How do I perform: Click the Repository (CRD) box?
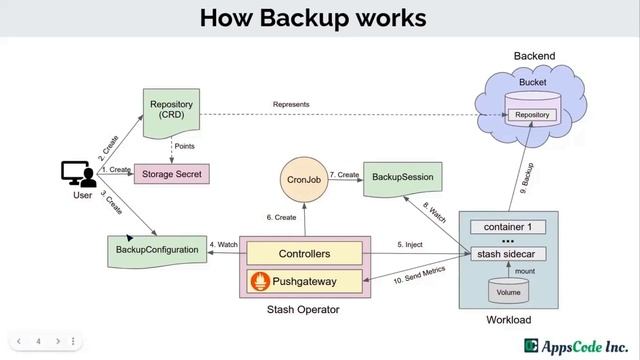pyautogui.click(x=171, y=111)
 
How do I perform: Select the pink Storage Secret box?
pyautogui.click(x=168, y=174)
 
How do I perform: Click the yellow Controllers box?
pyautogui.click(x=303, y=253)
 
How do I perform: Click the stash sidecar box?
pyautogui.click(x=508, y=255)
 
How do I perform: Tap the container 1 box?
pyautogui.click(x=508, y=226)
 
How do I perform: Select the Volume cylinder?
pyautogui.click(x=508, y=291)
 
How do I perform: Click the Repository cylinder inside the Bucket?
pyautogui.click(x=531, y=114)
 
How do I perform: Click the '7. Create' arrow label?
pyautogui.click(x=344, y=175)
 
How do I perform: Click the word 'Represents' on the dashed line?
pyautogui.click(x=291, y=104)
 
